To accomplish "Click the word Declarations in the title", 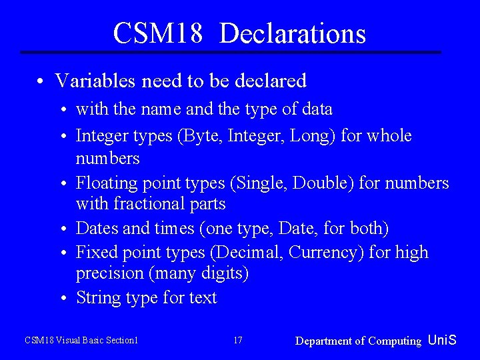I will pyautogui.click(x=293, y=33).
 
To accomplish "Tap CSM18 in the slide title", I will pyautogui.click(x=157, y=33).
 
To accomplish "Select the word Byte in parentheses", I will pyautogui.click(x=199, y=136).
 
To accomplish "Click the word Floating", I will pyautogui.click(x=105, y=183).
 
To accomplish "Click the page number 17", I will pyautogui.click(x=238, y=341).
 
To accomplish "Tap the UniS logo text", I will pyautogui.click(x=442, y=340).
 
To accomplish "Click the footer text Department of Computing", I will pyautogui.click(x=358, y=341).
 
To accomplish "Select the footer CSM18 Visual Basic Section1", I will pyautogui.click(x=81, y=341).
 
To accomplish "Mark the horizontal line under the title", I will pyautogui.click(x=231, y=52).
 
